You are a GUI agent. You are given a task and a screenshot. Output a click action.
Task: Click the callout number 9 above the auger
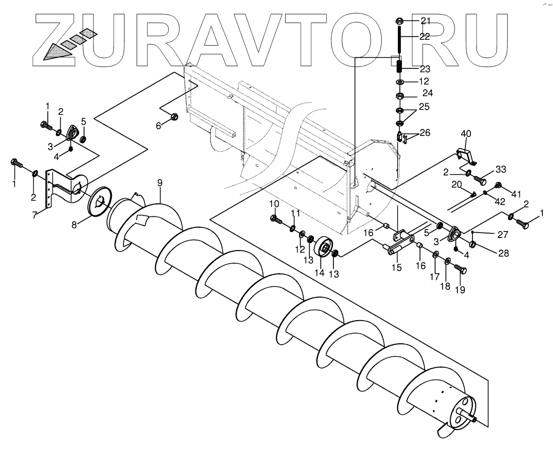160,183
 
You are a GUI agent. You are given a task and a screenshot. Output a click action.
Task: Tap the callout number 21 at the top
426,21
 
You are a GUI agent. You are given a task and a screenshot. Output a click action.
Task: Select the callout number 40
466,133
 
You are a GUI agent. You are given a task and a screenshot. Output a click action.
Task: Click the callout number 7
34,215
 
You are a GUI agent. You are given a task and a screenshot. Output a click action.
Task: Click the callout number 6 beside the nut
158,126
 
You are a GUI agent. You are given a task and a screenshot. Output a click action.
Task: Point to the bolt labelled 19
460,270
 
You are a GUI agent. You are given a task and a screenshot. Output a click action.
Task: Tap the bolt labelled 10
276,218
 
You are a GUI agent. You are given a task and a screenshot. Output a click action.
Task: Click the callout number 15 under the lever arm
396,267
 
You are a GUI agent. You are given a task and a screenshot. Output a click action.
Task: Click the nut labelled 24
399,95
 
